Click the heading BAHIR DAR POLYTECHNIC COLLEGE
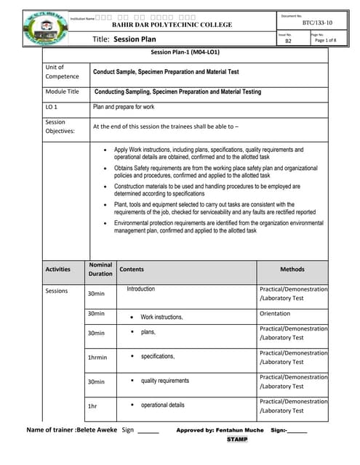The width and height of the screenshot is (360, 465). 172,25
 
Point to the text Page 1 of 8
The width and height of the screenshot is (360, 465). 324,41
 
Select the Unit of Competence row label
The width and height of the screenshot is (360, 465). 62,71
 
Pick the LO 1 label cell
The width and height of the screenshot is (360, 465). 52,107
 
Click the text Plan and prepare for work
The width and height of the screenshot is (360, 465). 124,107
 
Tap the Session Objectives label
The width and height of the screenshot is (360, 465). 58,126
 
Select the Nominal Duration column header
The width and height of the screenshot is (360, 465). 100,269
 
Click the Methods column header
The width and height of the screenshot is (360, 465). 292,269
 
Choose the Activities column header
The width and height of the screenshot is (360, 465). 57,269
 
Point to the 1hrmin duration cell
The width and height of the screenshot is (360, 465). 97,357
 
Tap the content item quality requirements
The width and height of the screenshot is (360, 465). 164,381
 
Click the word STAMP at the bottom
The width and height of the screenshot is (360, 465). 237,440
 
